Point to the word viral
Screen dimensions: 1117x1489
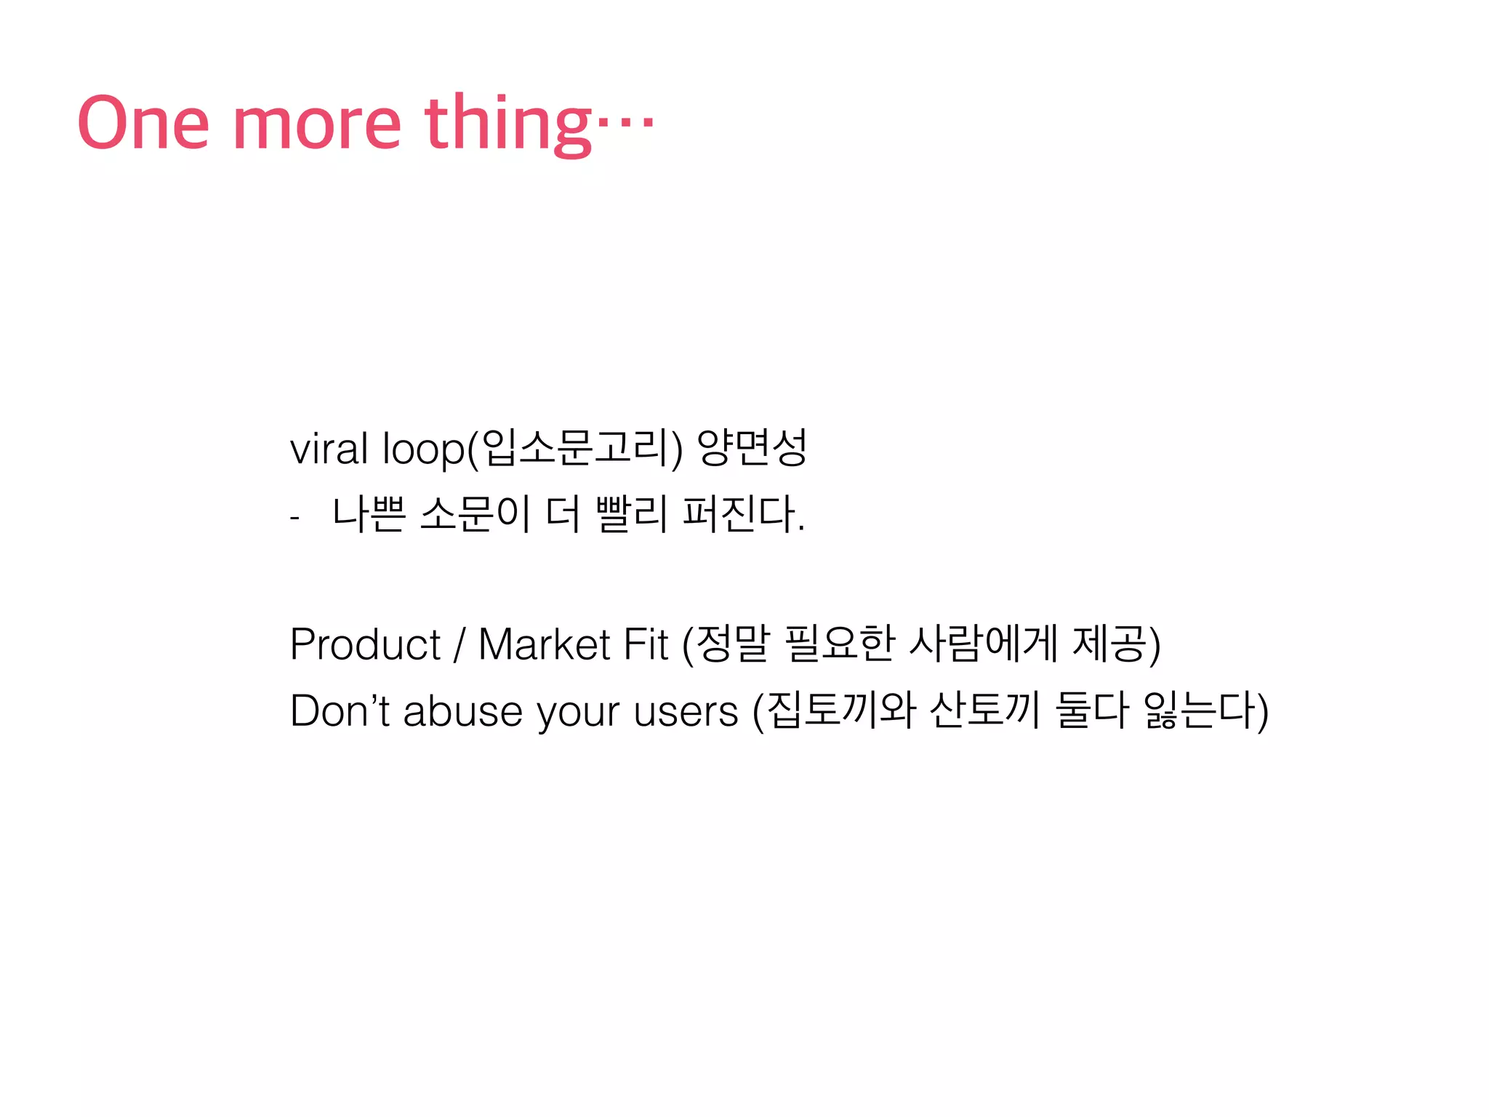coord(329,448)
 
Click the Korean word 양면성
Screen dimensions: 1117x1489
coord(752,448)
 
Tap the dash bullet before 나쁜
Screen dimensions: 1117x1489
coord(294,518)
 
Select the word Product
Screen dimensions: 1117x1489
coord(365,644)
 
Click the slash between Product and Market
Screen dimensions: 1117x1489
coord(459,644)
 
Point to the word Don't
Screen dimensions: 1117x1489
coord(340,710)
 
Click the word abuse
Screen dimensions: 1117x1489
coord(462,710)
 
